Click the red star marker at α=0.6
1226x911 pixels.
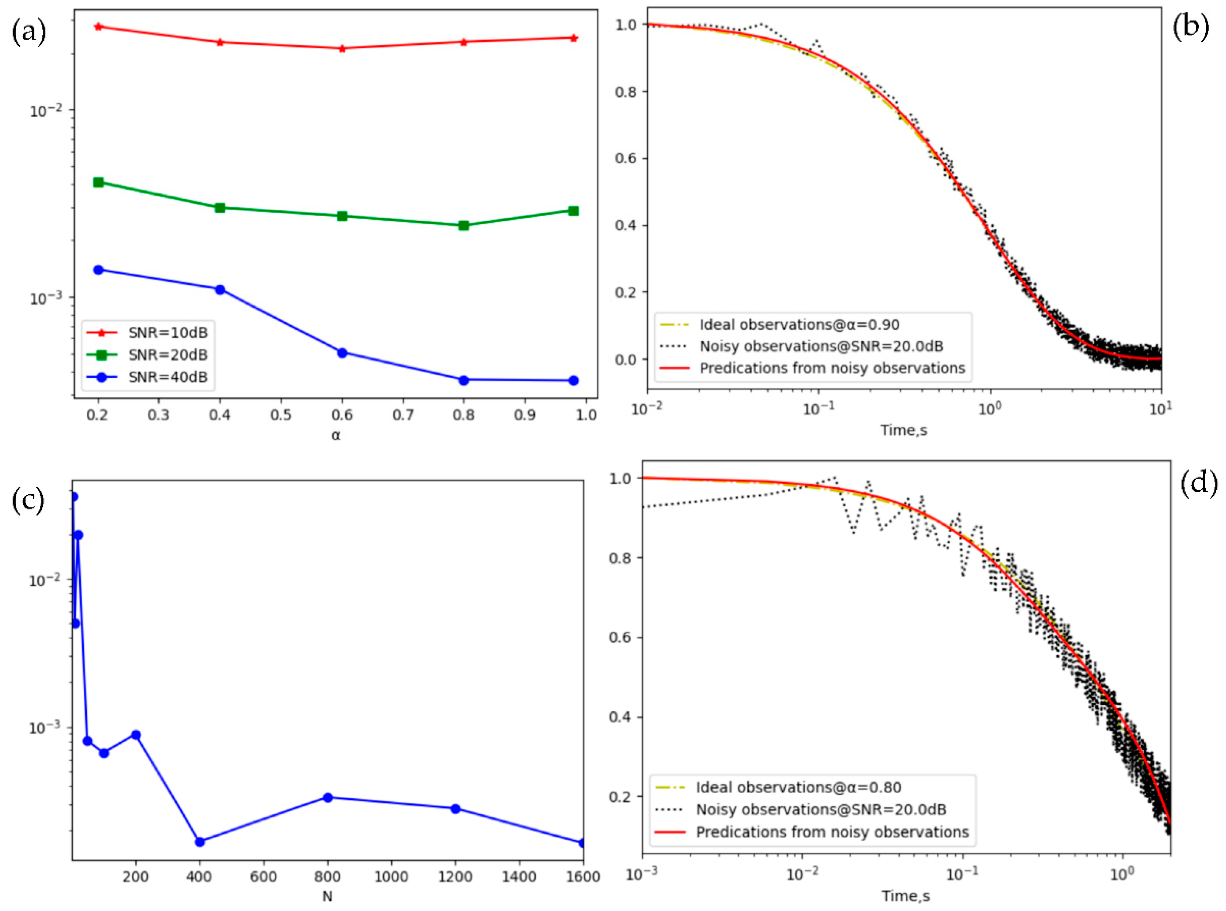(x=342, y=49)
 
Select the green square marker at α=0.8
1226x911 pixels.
(x=463, y=226)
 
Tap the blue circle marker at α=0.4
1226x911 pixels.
(x=220, y=289)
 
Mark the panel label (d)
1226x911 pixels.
(x=1198, y=484)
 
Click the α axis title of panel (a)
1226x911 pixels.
(x=336, y=436)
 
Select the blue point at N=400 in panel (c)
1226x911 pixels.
(x=200, y=842)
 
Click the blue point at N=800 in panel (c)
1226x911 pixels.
(x=328, y=797)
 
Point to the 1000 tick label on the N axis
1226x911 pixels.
(x=391, y=877)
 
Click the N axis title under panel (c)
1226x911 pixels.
(x=327, y=897)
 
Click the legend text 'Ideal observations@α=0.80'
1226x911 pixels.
(x=799, y=787)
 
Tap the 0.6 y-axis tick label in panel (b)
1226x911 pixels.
(x=626, y=159)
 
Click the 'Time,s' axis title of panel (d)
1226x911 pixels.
(x=905, y=897)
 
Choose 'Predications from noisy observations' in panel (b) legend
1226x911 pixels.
(x=832, y=368)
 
